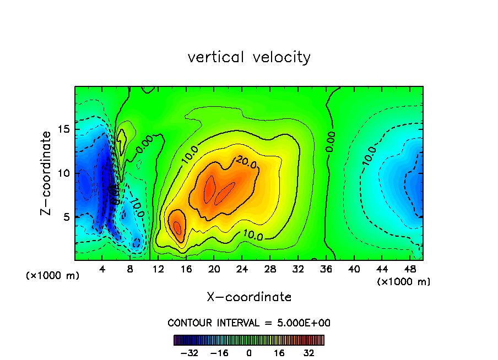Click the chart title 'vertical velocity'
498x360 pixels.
pyautogui.click(x=249, y=57)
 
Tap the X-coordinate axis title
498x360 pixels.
pyautogui.click(x=249, y=297)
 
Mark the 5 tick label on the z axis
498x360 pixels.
pyautogui.click(x=66, y=216)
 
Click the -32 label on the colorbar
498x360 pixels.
pyautogui.click(x=189, y=353)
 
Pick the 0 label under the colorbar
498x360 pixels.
pyautogui.click(x=249, y=353)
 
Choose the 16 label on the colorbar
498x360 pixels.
pyautogui.click(x=279, y=353)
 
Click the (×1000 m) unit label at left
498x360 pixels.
pyautogui.click(x=53, y=276)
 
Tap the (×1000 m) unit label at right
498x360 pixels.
pyautogui.click(x=404, y=281)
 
